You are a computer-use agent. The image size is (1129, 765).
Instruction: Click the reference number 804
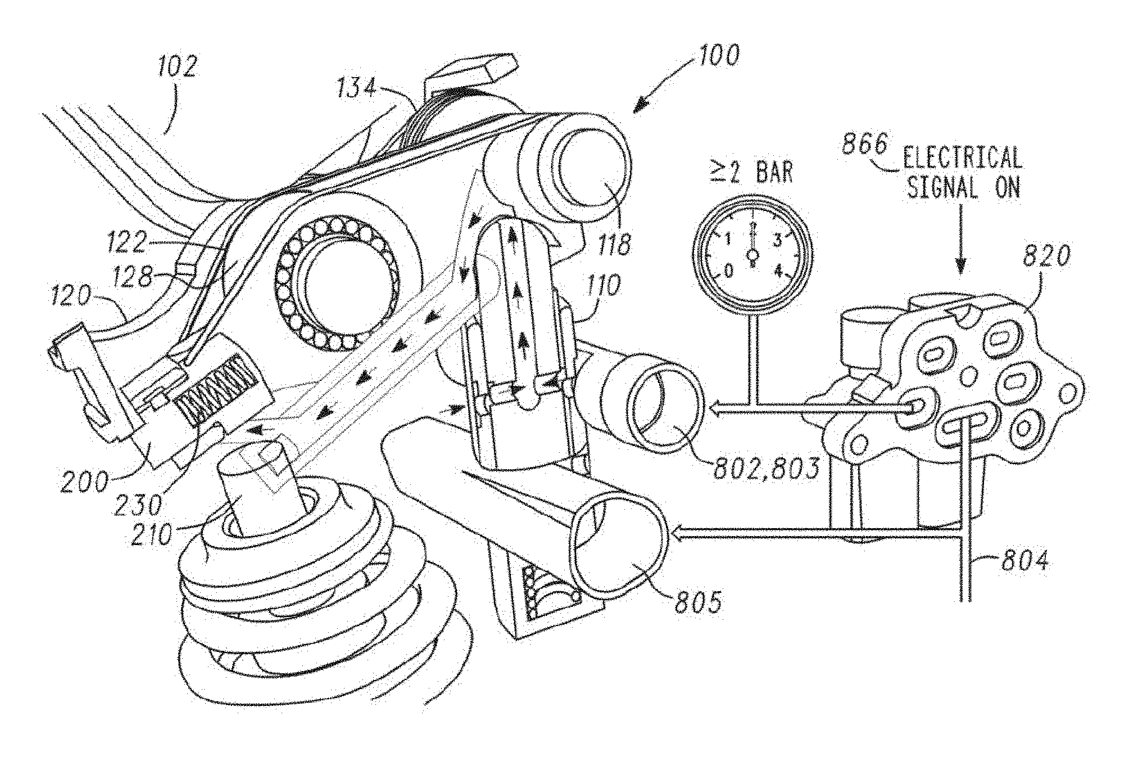point(1024,562)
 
